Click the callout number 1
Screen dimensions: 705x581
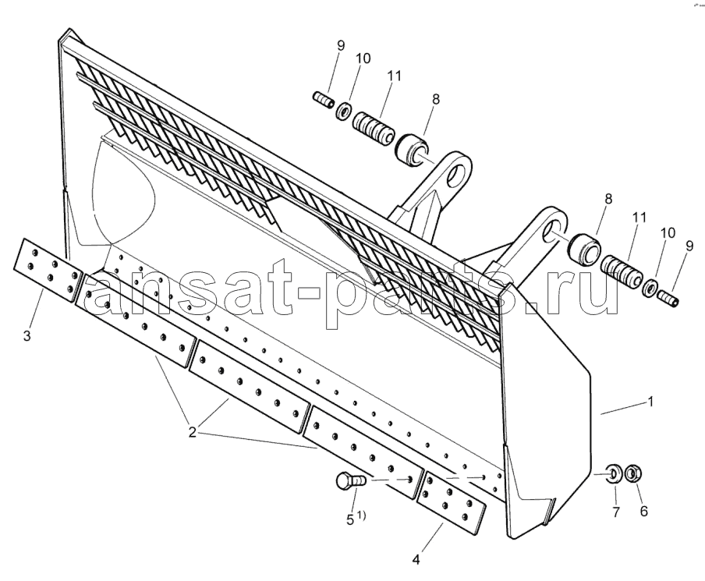point(650,402)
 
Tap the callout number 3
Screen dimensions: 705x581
point(27,335)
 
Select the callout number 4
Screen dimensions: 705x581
point(416,560)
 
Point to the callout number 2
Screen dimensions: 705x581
point(193,433)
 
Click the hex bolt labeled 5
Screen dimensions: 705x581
point(351,482)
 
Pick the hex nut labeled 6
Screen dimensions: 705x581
point(633,473)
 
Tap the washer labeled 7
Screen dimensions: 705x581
point(615,474)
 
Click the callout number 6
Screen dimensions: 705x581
point(644,512)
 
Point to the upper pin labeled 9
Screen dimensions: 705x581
point(323,100)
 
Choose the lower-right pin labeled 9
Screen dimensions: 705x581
point(668,297)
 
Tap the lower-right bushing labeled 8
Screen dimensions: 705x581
point(584,250)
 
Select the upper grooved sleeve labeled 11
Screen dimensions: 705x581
point(373,129)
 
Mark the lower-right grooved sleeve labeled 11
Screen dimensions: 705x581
point(622,272)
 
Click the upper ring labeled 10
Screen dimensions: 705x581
point(344,111)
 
